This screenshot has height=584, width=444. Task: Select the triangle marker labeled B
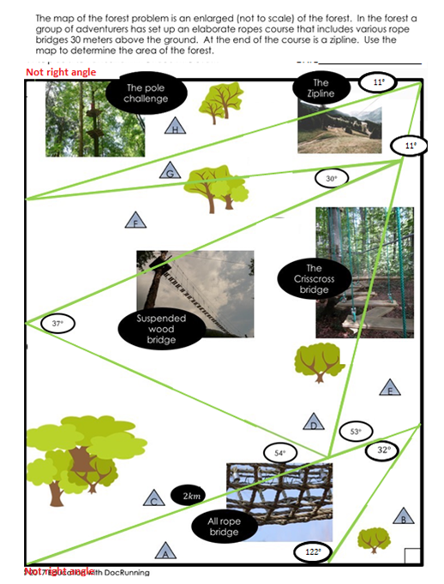pos(404,517)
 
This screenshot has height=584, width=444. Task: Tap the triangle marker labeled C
pos(153,500)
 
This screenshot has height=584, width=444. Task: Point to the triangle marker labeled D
pos(315,422)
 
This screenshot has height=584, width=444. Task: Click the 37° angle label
pos(57,324)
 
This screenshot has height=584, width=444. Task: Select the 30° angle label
pos(332,179)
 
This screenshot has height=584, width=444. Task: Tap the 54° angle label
pos(279,452)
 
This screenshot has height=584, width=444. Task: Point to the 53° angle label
pos(357,432)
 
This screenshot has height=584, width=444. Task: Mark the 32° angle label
pos(384,450)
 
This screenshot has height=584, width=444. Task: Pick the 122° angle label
pos(312,553)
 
